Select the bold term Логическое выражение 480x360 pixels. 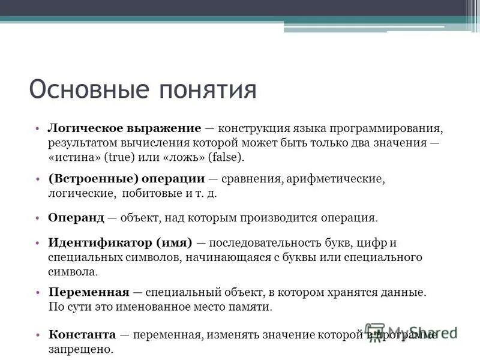point(124,129)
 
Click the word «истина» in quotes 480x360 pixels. point(74,157)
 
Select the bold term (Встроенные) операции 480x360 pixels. point(127,179)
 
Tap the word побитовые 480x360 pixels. point(149,194)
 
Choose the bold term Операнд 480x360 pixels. point(76,218)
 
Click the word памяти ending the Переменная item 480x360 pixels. point(253,307)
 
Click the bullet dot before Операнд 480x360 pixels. point(37,218)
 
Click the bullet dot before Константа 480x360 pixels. point(37,334)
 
